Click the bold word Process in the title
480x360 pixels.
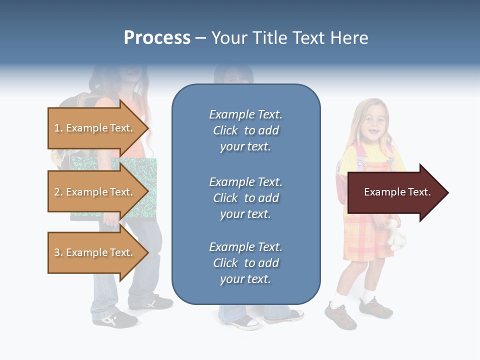pyautogui.click(x=157, y=38)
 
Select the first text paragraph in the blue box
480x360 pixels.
pyautogui.click(x=245, y=130)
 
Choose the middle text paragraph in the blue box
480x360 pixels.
pyautogui.click(x=245, y=198)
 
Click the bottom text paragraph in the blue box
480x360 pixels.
pyautogui.click(x=245, y=263)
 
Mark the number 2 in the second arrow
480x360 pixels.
pyautogui.click(x=57, y=192)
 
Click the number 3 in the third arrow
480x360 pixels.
pyautogui.click(x=57, y=252)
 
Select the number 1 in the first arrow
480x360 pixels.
pyautogui.click(x=57, y=128)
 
